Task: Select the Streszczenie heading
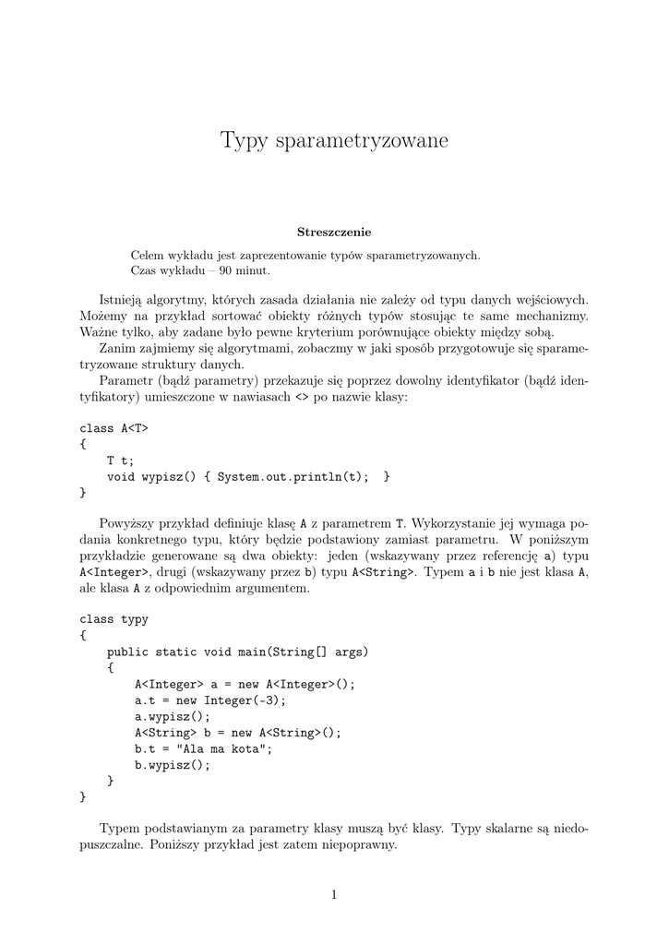[x=334, y=232]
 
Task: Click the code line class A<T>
[x=113, y=428]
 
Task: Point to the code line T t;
[x=120, y=460]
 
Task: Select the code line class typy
[x=113, y=619]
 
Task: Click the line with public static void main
[x=237, y=652]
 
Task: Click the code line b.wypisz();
[x=173, y=764]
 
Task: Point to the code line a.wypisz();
[x=173, y=716]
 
